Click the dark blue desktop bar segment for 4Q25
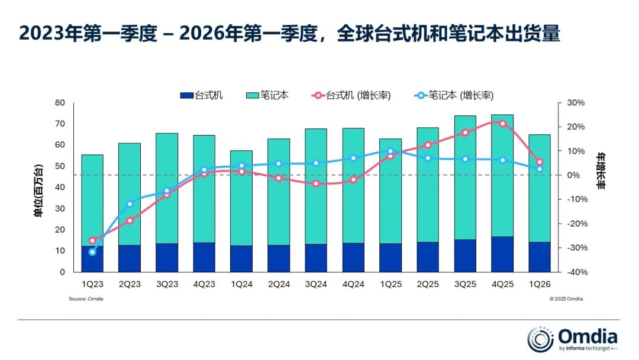click(502, 255)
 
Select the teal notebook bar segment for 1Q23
click(92, 201)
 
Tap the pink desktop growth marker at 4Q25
click(502, 124)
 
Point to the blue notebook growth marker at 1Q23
click(92, 252)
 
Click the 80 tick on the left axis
click(59, 102)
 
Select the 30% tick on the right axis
click(575, 102)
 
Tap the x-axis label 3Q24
click(316, 284)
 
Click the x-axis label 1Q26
click(540, 284)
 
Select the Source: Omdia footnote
click(86, 299)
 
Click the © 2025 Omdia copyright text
click(566, 299)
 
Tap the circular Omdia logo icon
click(540, 339)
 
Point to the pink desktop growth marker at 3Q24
click(316, 184)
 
